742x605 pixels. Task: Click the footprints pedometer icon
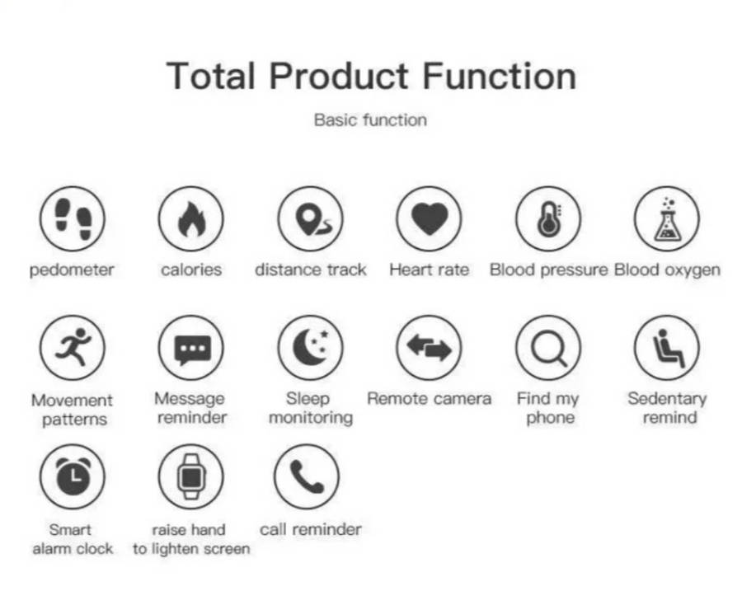73,218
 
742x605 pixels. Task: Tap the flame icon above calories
191,218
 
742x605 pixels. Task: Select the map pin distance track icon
311,218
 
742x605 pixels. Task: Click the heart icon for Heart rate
430,218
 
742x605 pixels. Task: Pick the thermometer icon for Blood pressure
548,218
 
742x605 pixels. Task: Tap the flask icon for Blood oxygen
667,218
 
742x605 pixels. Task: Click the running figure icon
73,348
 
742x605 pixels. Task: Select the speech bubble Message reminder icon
191,348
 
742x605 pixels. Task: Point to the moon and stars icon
311,348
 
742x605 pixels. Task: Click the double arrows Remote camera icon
430,348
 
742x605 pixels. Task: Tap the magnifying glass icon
548,348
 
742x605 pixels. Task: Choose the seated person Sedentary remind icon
667,348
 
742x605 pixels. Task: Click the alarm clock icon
73,476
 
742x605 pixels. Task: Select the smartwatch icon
191,476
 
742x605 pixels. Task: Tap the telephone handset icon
307,476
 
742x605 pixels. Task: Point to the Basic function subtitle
370,120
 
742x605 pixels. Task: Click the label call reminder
311,529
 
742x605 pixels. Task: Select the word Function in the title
500,76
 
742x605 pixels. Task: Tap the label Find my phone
548,408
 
